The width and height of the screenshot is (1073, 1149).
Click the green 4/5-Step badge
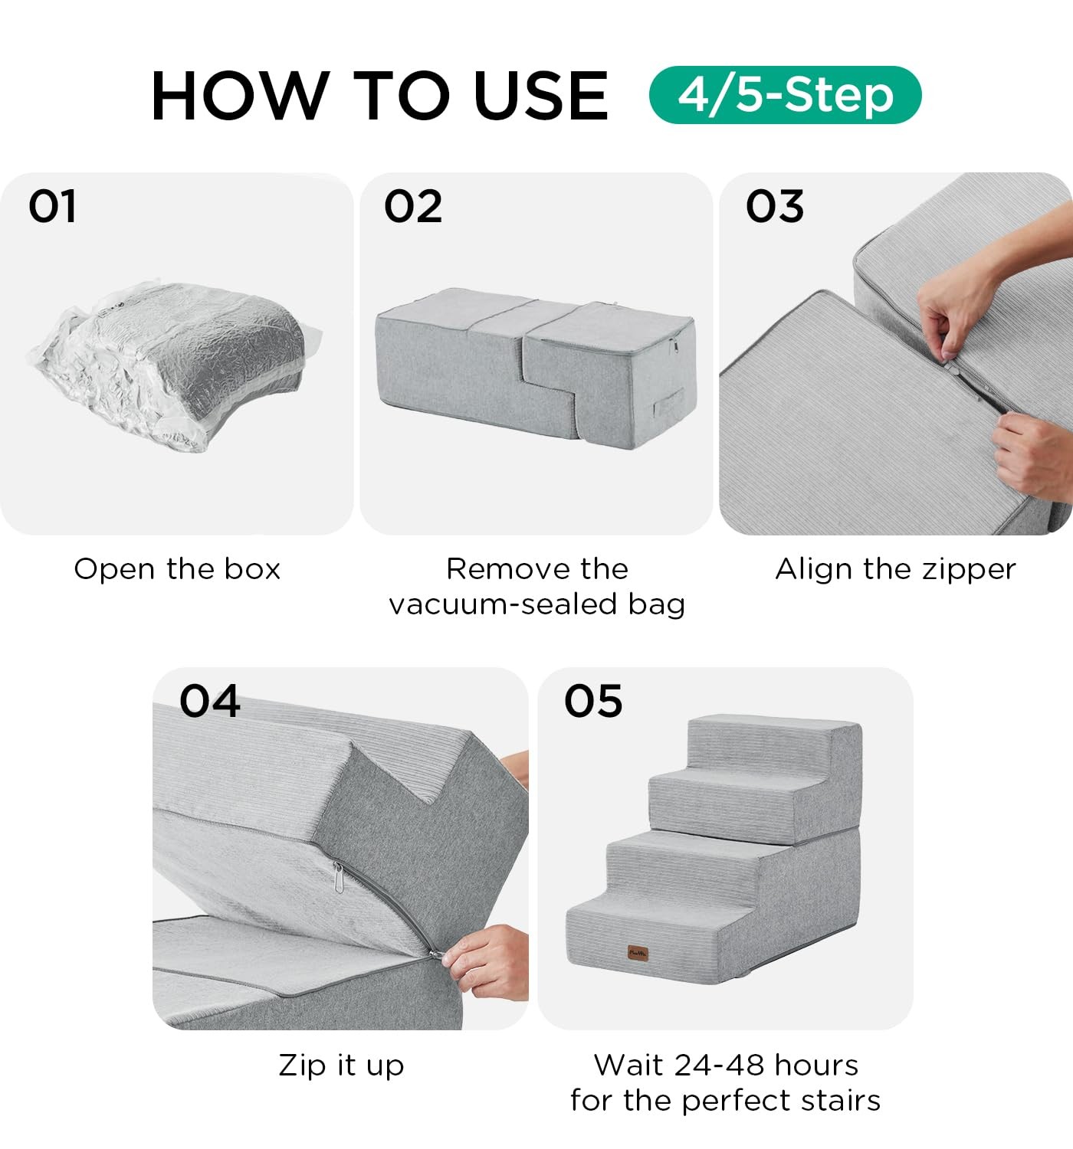pos(785,95)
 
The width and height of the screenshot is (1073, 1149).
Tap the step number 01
pos(52,207)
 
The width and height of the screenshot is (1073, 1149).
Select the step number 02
pos(413,207)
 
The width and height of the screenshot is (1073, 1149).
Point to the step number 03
pos(775,207)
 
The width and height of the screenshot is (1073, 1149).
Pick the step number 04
pos(210,701)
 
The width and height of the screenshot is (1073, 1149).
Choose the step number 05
pos(593,701)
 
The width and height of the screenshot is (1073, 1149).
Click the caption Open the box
pos(177,569)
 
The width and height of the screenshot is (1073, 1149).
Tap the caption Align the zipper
pos(895,569)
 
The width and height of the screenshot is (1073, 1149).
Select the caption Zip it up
pos(341,1065)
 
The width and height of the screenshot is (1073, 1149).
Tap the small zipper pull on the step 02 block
pos(674,345)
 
